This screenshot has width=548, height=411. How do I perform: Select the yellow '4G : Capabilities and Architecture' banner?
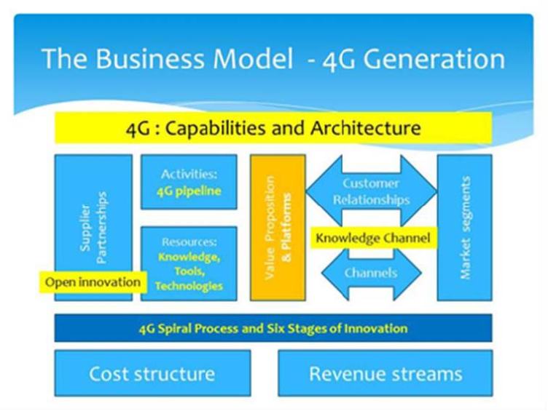[273, 129]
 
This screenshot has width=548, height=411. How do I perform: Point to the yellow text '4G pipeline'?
[189, 192]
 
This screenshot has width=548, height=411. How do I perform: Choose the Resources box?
[189, 263]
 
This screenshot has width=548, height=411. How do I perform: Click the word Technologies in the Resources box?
[189, 286]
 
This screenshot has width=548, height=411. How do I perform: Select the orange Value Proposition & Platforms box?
[278, 227]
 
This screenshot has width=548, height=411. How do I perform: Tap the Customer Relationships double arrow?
[371, 191]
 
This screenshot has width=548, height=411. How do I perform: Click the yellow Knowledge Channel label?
[372, 237]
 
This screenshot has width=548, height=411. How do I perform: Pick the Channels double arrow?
[371, 274]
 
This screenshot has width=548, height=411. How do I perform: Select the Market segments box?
[464, 227]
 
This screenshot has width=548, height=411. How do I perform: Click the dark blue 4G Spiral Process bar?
[273, 328]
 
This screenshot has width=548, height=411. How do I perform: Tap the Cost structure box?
[152, 374]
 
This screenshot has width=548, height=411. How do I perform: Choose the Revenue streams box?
[385, 374]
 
